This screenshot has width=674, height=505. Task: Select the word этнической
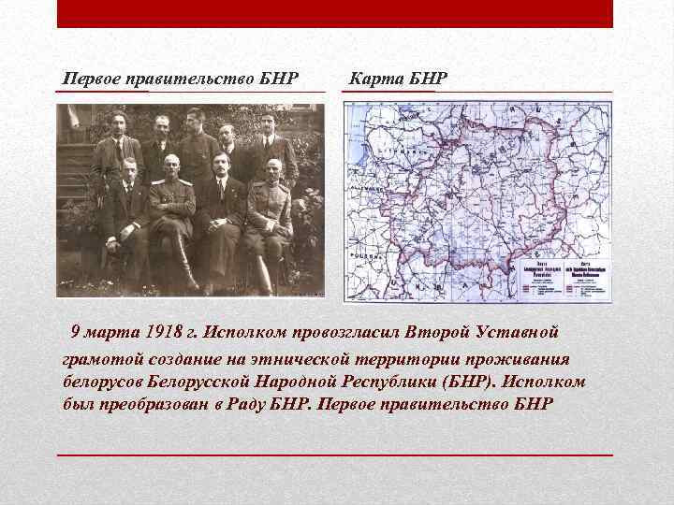310,358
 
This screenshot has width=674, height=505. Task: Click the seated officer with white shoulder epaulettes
170,168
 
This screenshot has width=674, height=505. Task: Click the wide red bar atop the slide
335,13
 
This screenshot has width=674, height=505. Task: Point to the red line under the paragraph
335,454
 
